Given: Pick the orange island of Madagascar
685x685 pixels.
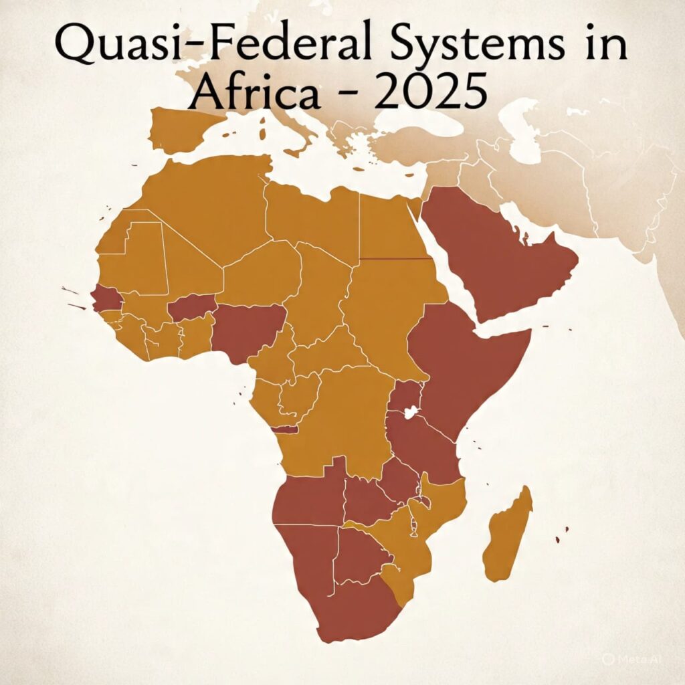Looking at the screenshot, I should coord(508,535).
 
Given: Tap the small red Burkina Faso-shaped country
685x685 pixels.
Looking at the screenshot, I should coord(191,308).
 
